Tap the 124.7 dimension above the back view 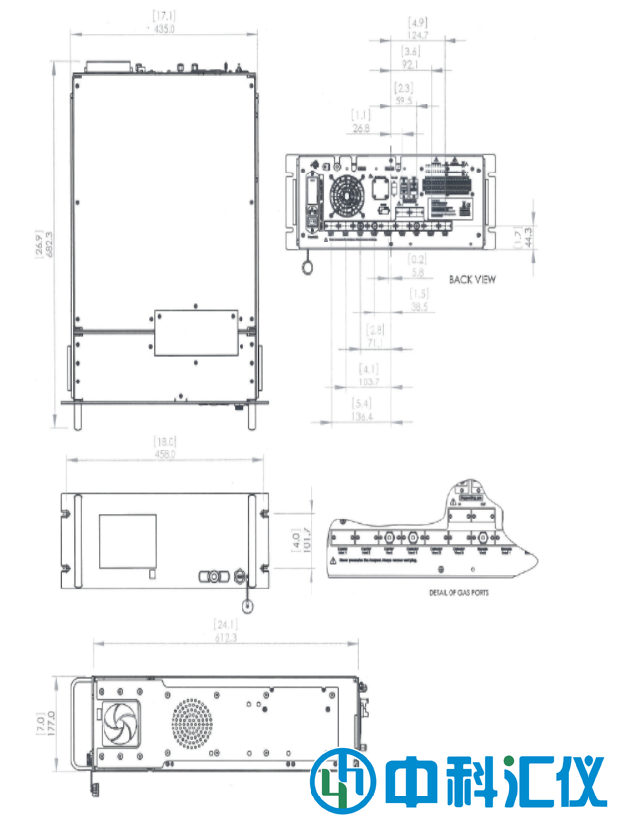click(x=418, y=33)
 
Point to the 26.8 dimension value click(x=360, y=127)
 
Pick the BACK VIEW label click(x=472, y=280)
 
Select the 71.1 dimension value click(x=374, y=342)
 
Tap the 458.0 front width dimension click(x=164, y=454)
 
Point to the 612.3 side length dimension click(x=227, y=639)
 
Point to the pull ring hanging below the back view click(x=308, y=264)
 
